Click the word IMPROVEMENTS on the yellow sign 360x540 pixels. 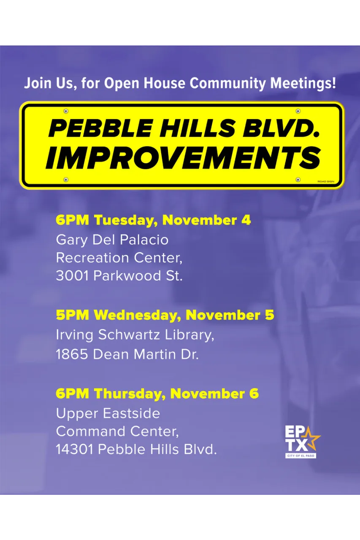183,158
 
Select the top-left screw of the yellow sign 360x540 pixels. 66,111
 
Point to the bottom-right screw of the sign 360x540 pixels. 298,180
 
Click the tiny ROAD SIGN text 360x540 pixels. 326,181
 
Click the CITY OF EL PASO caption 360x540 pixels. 300,456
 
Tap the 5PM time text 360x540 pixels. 72,315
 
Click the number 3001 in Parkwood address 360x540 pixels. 73,275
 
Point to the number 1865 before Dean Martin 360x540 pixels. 72,354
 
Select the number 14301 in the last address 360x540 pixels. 75,449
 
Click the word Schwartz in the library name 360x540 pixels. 129,335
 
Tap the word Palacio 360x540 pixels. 144,240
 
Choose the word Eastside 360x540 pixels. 132,413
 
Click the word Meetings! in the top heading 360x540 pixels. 303,84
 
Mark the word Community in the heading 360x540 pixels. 227,84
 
